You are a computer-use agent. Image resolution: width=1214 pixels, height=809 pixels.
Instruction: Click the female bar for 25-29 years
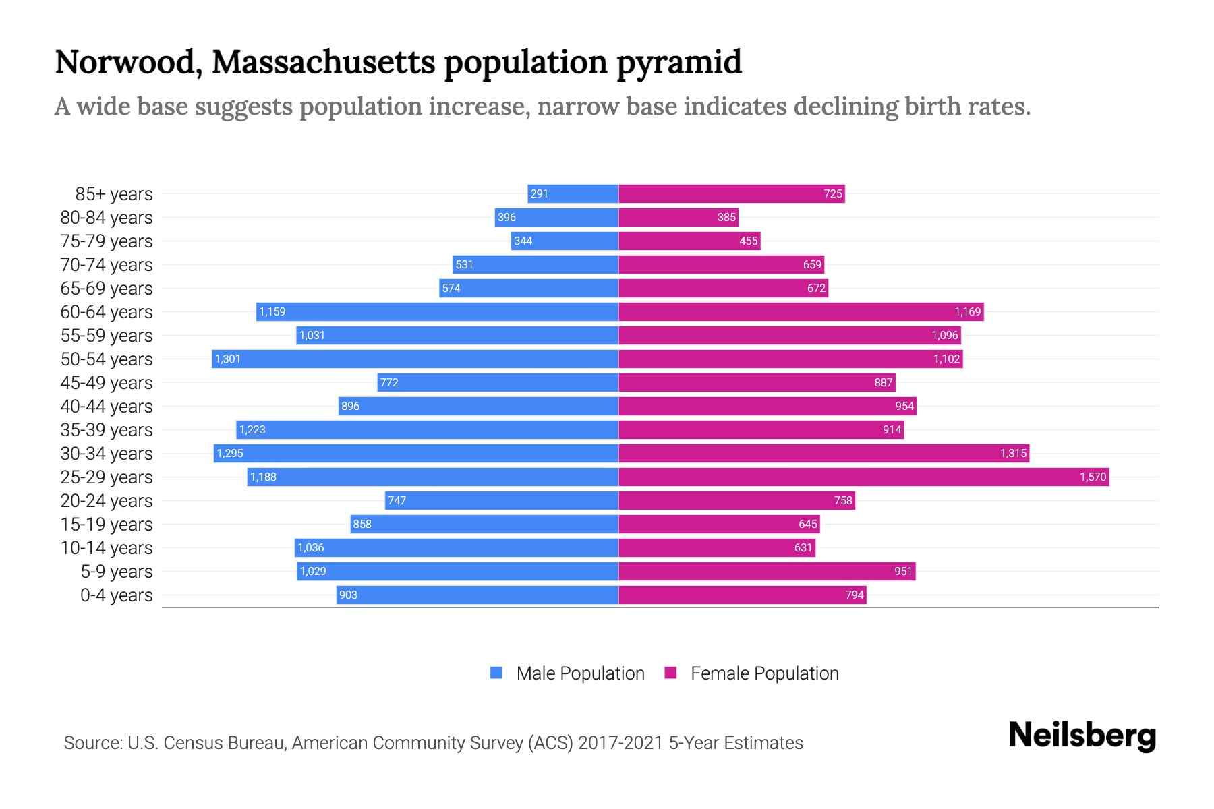click(x=863, y=477)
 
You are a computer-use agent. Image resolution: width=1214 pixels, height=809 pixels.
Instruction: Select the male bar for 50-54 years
click(x=415, y=359)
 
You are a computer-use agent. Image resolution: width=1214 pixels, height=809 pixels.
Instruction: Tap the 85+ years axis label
click(x=114, y=194)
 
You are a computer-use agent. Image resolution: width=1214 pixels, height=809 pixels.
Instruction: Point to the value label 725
click(x=832, y=194)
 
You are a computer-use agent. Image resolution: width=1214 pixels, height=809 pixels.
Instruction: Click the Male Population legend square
click(x=496, y=673)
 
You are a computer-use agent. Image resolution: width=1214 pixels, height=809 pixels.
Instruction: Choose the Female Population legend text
click(x=764, y=673)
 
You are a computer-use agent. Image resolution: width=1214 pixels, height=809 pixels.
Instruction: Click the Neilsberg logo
click(x=1082, y=736)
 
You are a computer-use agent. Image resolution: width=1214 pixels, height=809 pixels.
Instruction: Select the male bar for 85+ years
click(x=573, y=194)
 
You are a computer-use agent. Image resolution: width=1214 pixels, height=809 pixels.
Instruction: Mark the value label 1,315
click(x=1013, y=453)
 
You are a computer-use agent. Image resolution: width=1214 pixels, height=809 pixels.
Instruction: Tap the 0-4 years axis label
click(x=116, y=595)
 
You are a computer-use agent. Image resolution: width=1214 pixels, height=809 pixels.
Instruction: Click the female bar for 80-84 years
click(x=678, y=217)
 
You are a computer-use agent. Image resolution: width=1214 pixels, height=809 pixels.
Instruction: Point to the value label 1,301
click(x=228, y=359)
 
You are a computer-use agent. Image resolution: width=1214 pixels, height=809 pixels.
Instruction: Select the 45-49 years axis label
click(x=107, y=383)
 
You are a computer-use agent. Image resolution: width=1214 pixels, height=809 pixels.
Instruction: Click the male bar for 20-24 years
click(x=502, y=500)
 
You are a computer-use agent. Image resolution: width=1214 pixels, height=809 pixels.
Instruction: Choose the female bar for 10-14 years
click(x=716, y=547)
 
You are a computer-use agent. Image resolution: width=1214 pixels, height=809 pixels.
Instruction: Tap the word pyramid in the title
click(x=678, y=62)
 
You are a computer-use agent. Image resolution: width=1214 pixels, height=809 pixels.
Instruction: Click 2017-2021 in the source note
click(x=620, y=743)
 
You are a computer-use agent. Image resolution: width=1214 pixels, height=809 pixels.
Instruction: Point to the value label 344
click(x=523, y=241)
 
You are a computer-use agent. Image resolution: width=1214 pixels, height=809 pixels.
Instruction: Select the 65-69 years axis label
click(x=107, y=289)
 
